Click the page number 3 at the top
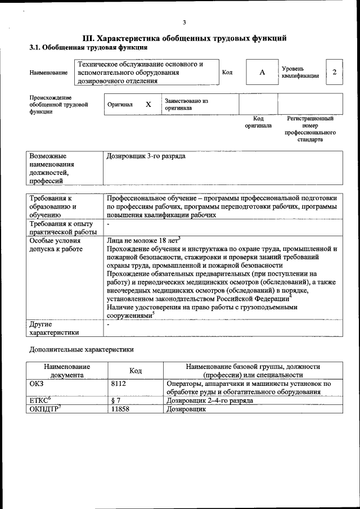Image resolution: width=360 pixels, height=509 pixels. [x=184, y=22]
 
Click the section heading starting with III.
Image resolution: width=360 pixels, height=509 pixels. [x=185, y=38]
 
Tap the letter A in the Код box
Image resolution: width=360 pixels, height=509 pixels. [x=262, y=73]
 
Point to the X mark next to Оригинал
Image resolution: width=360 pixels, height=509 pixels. [x=148, y=105]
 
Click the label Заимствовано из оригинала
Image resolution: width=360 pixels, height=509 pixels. [x=186, y=105]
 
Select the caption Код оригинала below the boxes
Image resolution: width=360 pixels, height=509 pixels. [x=258, y=122]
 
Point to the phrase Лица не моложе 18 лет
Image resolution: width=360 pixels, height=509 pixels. [x=142, y=240]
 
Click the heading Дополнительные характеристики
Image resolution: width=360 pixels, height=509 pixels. [x=81, y=349]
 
